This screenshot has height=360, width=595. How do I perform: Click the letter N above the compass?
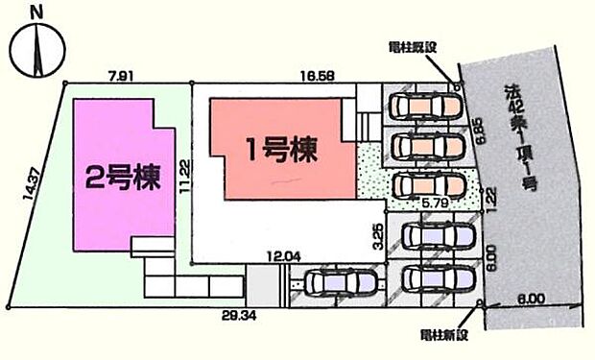click(x=36, y=12)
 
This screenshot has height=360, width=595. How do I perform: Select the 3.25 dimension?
click(x=377, y=233)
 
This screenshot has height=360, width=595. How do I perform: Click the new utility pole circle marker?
click(x=479, y=304)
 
